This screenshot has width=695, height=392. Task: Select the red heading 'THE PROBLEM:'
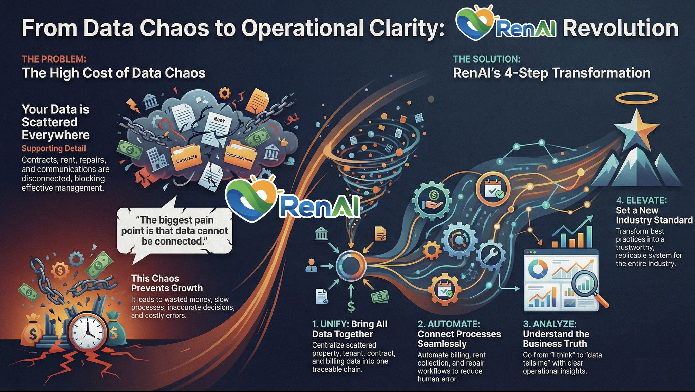pos(54,59)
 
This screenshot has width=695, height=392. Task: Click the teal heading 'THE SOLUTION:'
pos(486,59)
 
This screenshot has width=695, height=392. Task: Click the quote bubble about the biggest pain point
pos(174,231)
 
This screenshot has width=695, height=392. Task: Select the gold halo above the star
pos(636,99)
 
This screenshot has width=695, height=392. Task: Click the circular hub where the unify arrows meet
pos(351,266)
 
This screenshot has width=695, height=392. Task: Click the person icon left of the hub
pos(311,266)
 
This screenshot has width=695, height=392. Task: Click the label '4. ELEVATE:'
pos(641,200)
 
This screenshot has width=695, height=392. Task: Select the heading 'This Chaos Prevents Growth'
pos(167,283)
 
